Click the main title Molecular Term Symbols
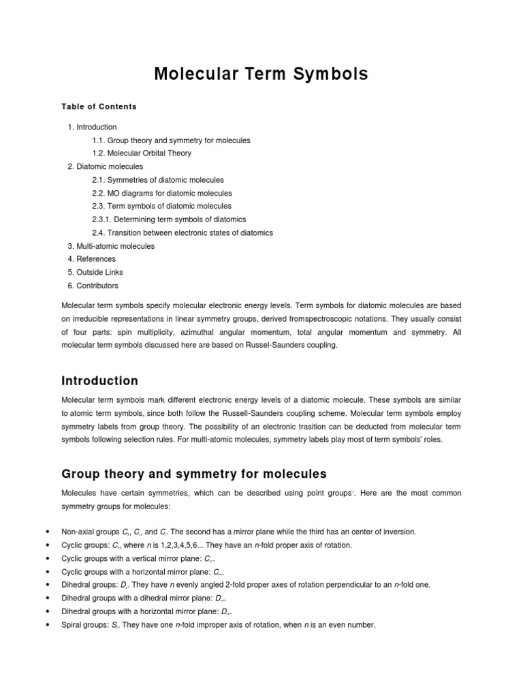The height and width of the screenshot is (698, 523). coord(261,74)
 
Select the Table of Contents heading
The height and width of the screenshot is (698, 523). coord(99,106)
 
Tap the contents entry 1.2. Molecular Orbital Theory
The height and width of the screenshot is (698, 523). coord(142,153)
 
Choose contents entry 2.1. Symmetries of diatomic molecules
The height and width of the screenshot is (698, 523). coord(158,180)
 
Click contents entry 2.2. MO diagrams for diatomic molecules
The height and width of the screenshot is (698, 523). coord(162,194)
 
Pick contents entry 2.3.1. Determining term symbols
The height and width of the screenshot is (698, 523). coord(169,219)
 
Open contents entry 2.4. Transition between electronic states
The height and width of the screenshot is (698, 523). coord(183,233)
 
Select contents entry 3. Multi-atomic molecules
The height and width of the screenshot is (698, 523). coord(111,246)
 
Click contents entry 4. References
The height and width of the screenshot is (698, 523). coord(92,259)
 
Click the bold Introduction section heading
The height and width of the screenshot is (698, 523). coord(99,381)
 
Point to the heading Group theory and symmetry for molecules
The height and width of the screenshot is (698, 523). coord(194,474)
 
